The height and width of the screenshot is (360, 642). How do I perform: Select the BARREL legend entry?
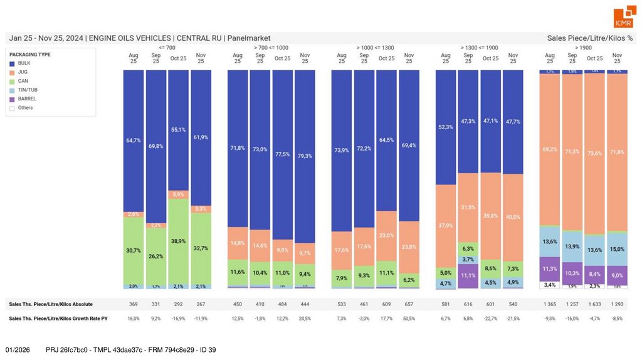(x=26, y=98)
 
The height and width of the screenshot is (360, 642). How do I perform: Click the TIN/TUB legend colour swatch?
(x=12, y=90)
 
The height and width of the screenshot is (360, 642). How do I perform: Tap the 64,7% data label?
(x=134, y=140)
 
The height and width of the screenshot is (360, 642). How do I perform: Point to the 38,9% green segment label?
(x=179, y=241)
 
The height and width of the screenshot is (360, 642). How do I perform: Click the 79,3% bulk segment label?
(x=305, y=156)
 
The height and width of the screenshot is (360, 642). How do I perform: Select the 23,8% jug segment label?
(x=409, y=247)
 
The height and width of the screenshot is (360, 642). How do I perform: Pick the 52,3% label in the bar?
(x=446, y=127)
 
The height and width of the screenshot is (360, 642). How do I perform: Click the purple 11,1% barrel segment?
(x=468, y=275)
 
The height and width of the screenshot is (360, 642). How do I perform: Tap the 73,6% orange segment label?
(x=594, y=153)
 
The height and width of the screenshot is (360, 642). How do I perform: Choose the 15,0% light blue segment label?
(x=617, y=249)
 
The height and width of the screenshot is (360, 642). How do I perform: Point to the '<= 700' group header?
(x=167, y=48)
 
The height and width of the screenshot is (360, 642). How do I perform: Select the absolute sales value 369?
(x=134, y=304)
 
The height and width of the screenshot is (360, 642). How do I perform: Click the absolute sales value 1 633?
(x=594, y=304)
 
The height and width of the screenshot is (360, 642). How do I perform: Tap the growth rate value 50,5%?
(x=409, y=319)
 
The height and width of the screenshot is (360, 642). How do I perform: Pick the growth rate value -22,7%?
(x=490, y=319)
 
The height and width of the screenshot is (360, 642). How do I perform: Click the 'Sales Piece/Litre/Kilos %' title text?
(x=589, y=38)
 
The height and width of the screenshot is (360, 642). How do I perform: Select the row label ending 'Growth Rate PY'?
(x=58, y=319)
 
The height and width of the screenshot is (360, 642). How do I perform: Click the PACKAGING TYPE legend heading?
(x=30, y=55)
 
